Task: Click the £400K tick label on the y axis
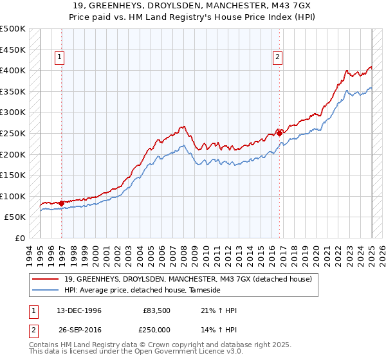click(x=13, y=70)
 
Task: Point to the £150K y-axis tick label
click(x=13, y=175)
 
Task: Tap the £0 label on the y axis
click(x=20, y=238)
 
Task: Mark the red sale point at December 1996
click(x=62, y=203)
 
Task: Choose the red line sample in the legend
click(x=46, y=279)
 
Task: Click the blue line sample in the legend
click(x=46, y=291)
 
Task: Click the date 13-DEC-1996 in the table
click(x=74, y=310)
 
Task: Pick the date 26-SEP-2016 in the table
click(x=74, y=330)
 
